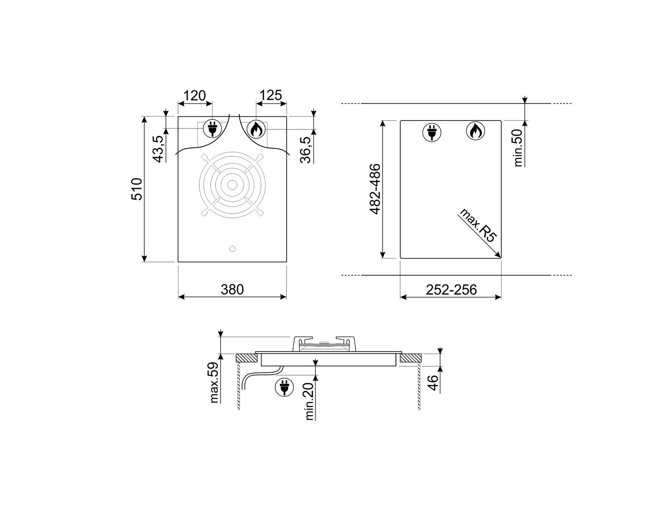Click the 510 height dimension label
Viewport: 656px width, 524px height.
point(137,189)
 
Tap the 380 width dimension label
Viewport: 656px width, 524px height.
point(232,290)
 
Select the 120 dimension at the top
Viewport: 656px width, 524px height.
point(195,96)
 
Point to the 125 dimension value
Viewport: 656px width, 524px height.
point(271,95)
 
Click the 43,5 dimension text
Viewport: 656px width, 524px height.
point(158,149)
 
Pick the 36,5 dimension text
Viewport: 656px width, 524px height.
point(305,150)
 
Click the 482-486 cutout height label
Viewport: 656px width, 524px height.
point(375,189)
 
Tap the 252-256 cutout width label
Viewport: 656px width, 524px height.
point(451,290)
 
